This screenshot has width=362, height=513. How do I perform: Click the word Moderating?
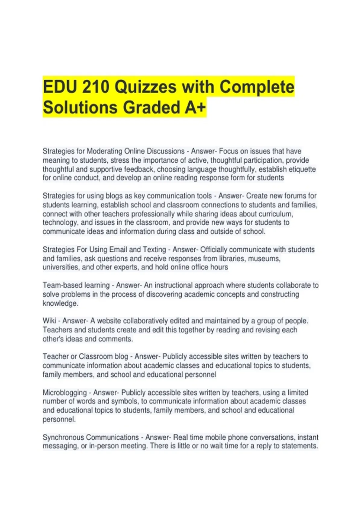pos(104,151)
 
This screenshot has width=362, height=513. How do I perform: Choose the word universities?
pos(61,267)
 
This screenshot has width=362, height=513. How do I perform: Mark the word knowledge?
pos(60,303)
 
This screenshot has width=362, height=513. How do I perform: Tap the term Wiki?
pos(49,321)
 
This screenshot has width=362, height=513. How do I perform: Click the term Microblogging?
pos(65,393)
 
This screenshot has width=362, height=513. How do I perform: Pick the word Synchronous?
pos(61,437)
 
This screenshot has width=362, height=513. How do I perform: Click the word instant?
pos(308,437)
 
